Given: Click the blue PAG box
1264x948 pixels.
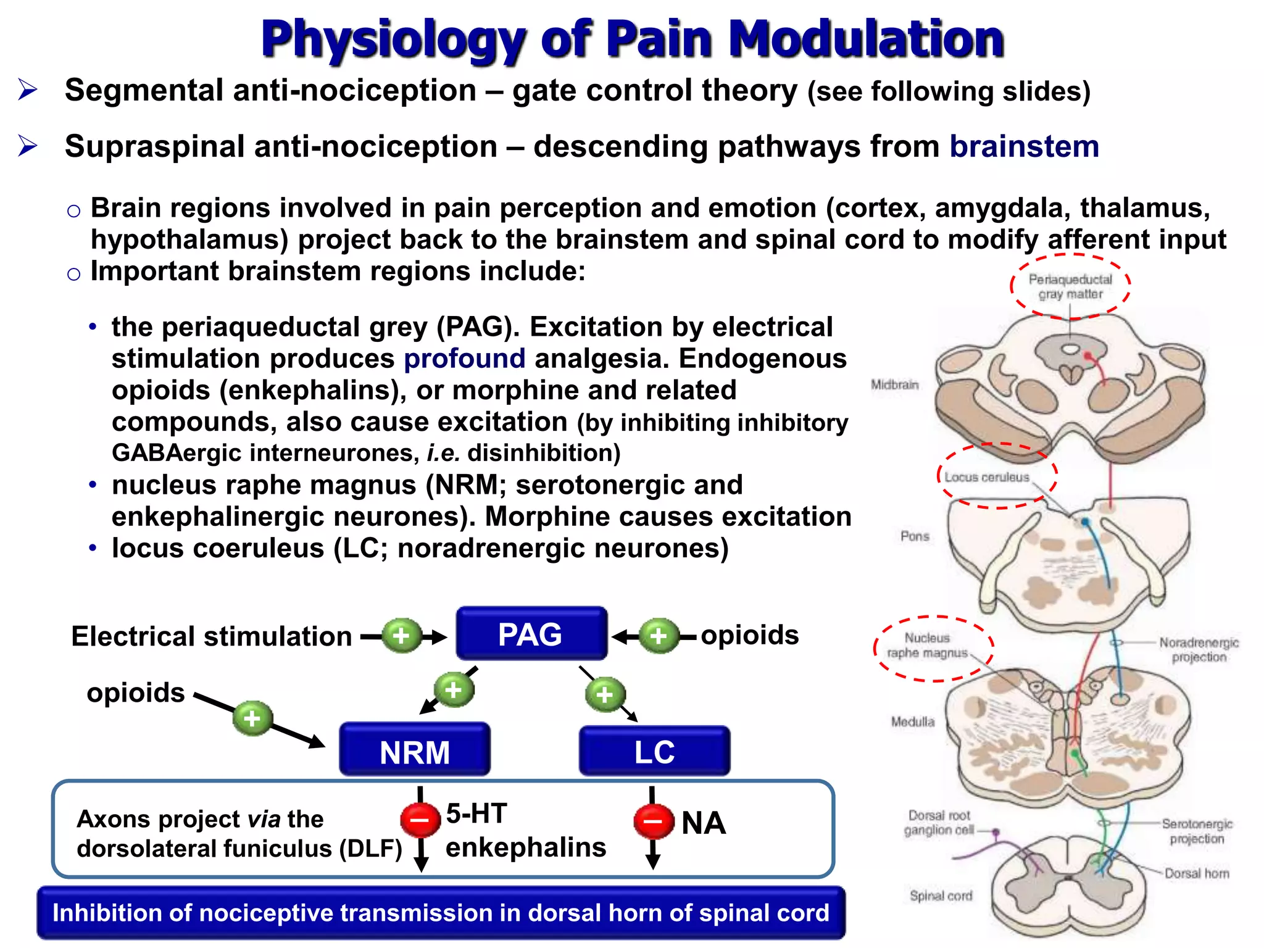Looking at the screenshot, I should coord(531,634).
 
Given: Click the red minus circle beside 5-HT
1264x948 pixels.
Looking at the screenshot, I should coord(420,820).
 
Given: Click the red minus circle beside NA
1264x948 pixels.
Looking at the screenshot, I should coord(654,821).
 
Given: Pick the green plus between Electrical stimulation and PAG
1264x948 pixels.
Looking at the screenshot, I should coord(401,636).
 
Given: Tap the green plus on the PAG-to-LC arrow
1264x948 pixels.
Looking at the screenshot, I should coord(605,694).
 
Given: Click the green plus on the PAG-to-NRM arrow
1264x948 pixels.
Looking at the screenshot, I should coord(454,689).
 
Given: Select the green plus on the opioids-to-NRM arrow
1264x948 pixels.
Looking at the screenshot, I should coord(252,718).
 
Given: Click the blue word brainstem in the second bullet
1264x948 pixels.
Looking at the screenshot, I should coord(1024,147).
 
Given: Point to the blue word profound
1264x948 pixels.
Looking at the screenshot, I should coord(464,359).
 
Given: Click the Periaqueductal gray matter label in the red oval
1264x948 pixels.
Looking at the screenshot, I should coord(1070,287).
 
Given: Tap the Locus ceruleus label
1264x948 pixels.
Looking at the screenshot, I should coord(987,477).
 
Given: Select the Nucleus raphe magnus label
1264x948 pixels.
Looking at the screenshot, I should coord(927,646).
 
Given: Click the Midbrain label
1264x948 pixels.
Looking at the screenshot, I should coord(894,385).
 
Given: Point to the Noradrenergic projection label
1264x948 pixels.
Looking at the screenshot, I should coord(1199,650).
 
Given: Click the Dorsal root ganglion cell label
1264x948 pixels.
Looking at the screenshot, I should coord(939,823).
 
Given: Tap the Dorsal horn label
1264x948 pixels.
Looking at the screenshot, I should coord(1197,873).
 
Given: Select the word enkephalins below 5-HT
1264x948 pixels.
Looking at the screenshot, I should coord(526,847).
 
